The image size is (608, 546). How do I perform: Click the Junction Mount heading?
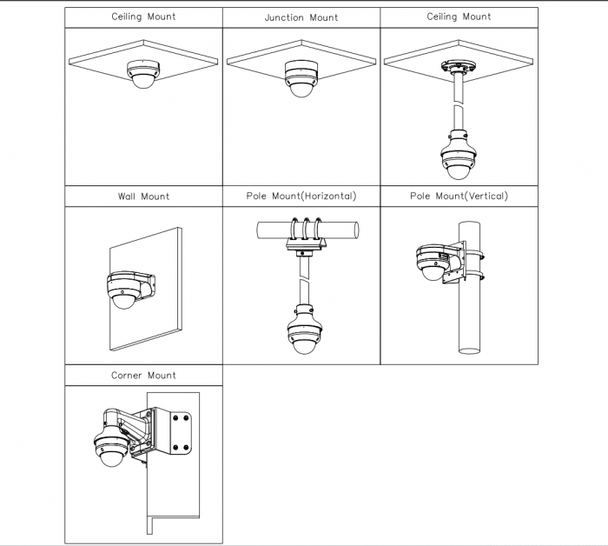point(301,17)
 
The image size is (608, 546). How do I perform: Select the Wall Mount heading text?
point(143,196)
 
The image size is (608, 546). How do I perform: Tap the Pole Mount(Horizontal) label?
point(301,196)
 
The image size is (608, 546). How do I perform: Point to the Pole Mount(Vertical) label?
point(459,196)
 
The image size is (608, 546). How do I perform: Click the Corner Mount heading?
point(143,376)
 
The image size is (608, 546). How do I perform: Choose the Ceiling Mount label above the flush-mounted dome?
point(143,17)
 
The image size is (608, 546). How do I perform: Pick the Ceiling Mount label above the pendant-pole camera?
point(459,17)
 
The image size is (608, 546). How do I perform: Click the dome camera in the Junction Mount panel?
point(301,78)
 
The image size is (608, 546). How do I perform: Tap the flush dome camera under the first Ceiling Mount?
point(143,75)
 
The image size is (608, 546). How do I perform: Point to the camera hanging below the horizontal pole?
point(305,330)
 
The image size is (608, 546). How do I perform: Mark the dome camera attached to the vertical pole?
point(433,262)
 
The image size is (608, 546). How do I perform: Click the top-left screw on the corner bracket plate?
point(175,418)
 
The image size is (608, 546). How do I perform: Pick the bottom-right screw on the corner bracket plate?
point(186,448)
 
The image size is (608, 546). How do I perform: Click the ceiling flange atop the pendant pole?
point(459,66)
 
